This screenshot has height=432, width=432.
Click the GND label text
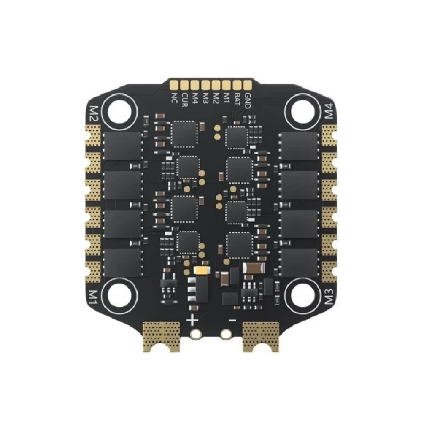pyautogui.click(x=248, y=101)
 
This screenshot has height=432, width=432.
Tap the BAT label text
pyautogui.click(x=237, y=100)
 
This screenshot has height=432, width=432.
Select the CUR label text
pyautogui.click(x=185, y=100)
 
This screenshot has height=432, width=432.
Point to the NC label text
pyautogui.click(x=174, y=98)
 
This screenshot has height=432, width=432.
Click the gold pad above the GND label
pyautogui.click(x=248, y=85)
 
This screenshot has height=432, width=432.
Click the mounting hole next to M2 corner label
pyautogui.click(x=119, y=112)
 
